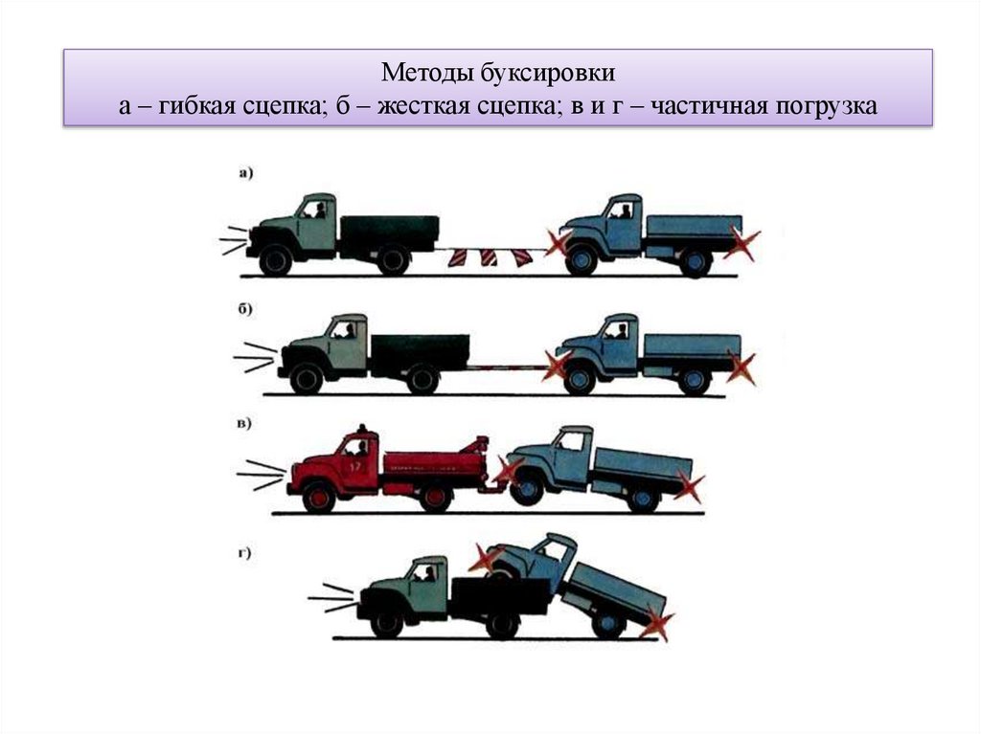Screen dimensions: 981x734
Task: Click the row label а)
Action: [x=245, y=173]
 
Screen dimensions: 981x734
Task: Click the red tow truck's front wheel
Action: [x=319, y=498]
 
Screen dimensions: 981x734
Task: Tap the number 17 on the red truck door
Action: [x=355, y=467]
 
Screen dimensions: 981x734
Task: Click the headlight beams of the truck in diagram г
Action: [x=331, y=598]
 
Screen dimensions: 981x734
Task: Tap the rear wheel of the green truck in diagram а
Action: [x=393, y=259]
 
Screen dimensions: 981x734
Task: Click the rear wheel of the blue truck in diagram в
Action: [x=641, y=499]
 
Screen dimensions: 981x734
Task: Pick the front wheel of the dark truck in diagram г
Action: [x=386, y=624]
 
